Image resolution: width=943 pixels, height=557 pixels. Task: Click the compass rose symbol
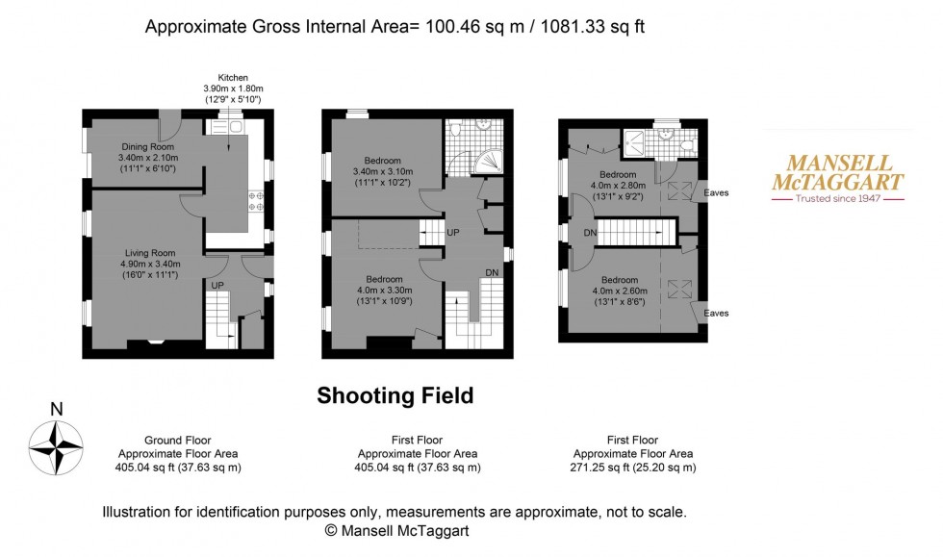pyautogui.click(x=57, y=450)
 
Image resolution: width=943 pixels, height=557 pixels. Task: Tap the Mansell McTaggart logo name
pyautogui.click(x=837, y=173)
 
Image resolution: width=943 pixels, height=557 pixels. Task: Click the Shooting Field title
pyautogui.click(x=395, y=395)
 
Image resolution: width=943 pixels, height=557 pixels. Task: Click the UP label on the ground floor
pyautogui.click(x=217, y=286)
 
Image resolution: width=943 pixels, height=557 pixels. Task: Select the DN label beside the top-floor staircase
pyautogui.click(x=589, y=232)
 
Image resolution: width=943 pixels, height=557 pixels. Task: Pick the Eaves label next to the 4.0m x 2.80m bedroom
pyautogui.click(x=716, y=192)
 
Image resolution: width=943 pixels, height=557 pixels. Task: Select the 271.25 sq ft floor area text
pyautogui.click(x=633, y=468)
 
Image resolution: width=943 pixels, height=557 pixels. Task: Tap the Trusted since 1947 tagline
pyautogui.click(x=837, y=199)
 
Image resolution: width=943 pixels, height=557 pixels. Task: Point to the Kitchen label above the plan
pyautogui.click(x=234, y=77)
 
